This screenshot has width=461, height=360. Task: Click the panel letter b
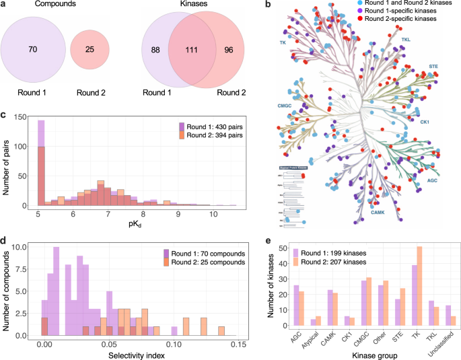[269, 5]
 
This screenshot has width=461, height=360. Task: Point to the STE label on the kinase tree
[433, 67]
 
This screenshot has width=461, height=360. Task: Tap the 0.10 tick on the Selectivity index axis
[174, 343]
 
